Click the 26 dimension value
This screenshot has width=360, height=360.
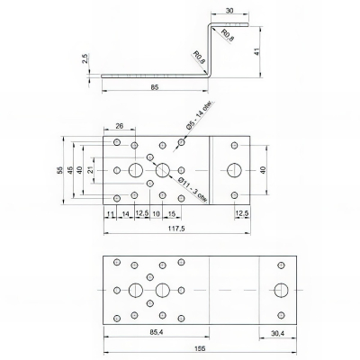(x=121, y=128)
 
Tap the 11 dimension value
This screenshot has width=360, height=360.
(x=109, y=214)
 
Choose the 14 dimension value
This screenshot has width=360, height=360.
(x=126, y=214)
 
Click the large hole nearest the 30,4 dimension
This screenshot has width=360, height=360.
(x=278, y=290)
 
